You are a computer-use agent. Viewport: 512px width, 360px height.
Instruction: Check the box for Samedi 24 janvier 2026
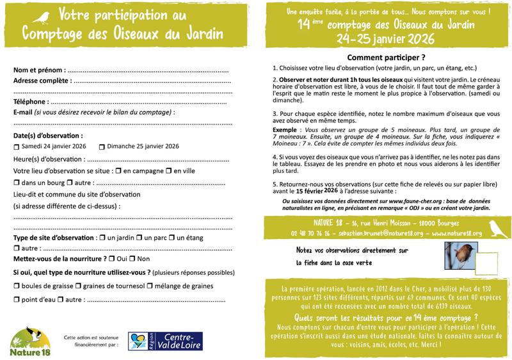tap(16, 147)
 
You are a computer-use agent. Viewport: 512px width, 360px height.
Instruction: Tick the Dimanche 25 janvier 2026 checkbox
tap(102, 147)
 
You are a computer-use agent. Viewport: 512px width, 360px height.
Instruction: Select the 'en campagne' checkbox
tap(118, 171)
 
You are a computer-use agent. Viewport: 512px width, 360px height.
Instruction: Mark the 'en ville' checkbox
tap(169, 171)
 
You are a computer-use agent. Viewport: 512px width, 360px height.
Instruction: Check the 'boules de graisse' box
tap(16, 286)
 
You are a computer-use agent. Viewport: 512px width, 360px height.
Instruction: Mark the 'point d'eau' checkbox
tap(16, 299)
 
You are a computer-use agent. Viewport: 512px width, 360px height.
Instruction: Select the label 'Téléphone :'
tap(31, 101)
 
